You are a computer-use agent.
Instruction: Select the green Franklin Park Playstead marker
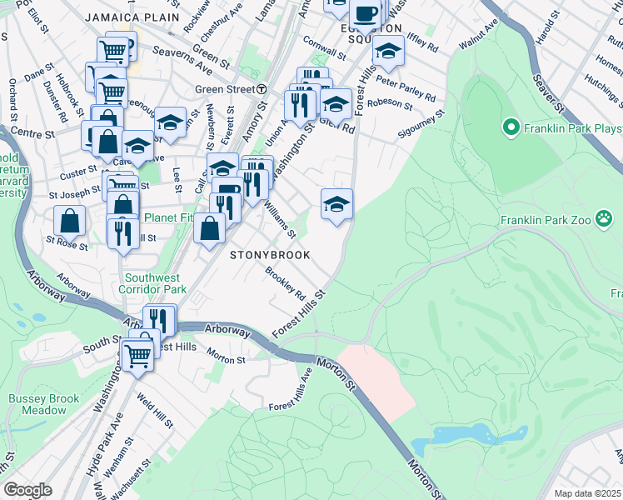(511, 127)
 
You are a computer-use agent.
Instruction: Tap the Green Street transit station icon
(262, 89)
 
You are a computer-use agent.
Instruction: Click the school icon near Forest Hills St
(336, 204)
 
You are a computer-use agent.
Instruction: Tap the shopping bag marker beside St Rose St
(70, 221)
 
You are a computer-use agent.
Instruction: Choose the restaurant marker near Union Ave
(297, 105)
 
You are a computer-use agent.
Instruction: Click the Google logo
(27, 489)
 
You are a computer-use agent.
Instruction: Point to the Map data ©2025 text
(587, 493)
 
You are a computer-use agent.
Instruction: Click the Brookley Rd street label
(286, 283)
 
